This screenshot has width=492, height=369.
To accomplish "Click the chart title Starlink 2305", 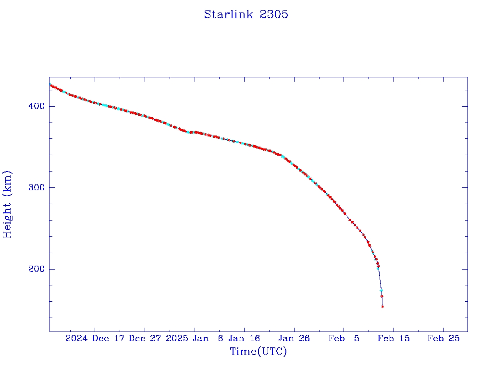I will click(x=246, y=14).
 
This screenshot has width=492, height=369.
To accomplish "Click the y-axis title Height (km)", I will click(x=7, y=204).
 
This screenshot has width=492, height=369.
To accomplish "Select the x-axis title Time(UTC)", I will click(x=258, y=352).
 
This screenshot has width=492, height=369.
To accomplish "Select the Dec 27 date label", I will click(x=145, y=338).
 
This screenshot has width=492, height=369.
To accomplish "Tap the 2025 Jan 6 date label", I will click(x=194, y=338).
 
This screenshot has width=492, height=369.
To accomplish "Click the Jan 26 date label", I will click(x=295, y=338).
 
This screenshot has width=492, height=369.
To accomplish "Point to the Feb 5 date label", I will click(x=344, y=338).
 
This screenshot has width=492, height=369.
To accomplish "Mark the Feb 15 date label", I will click(x=394, y=338).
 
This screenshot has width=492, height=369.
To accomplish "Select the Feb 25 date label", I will click(x=444, y=338).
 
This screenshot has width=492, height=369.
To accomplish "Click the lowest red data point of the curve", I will click(x=382, y=306).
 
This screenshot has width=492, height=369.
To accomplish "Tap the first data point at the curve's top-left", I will click(x=50, y=85).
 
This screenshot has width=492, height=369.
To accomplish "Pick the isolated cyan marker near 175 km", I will click(x=381, y=291).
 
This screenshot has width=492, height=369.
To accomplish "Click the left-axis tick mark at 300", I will click(x=52, y=187).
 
